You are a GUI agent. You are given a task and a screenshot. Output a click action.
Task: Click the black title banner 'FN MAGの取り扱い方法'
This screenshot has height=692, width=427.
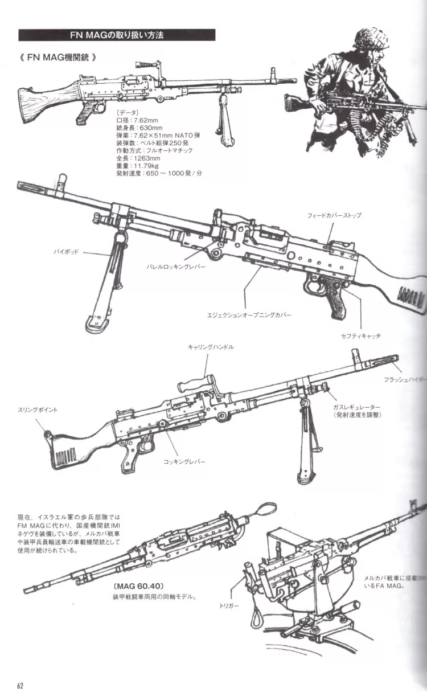click(117, 35)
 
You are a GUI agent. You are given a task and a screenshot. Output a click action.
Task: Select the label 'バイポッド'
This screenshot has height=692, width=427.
click(67, 251)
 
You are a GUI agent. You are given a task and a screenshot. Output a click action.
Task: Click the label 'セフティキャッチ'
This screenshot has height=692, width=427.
click(361, 336)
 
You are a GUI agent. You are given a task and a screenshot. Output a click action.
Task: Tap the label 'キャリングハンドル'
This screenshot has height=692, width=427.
click(210, 347)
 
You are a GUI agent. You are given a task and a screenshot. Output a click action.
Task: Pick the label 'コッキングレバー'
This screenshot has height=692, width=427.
click(184, 461)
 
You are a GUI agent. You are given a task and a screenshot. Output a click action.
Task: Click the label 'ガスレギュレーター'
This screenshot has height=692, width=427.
click(357, 408)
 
